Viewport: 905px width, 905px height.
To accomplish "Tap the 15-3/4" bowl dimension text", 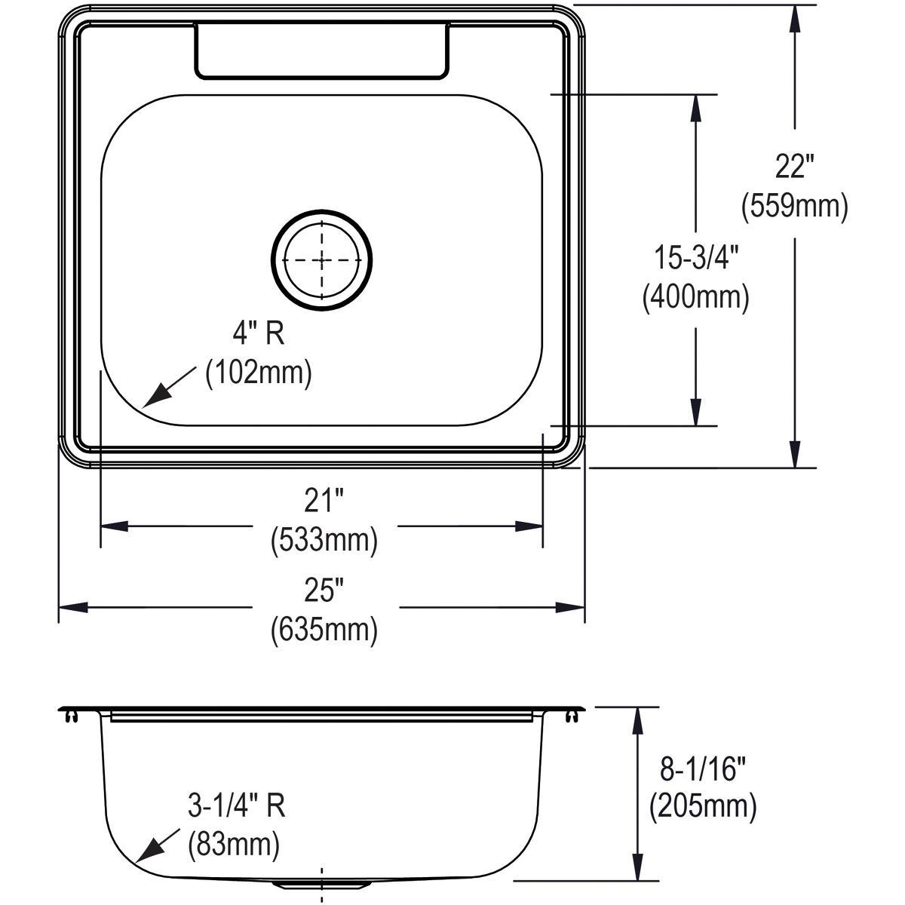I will click(x=695, y=259).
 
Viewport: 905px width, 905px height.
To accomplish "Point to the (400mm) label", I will click(x=695, y=298).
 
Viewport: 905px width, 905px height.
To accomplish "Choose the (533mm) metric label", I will click(x=324, y=540).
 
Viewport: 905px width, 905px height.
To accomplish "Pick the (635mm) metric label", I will click(x=324, y=629).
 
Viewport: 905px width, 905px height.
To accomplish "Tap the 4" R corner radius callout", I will click(x=257, y=333).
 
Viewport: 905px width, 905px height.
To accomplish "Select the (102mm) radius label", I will click(x=259, y=373).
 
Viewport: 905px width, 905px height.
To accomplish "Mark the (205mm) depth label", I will click(x=702, y=807).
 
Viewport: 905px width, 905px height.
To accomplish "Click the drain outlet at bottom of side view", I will click(x=322, y=882).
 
